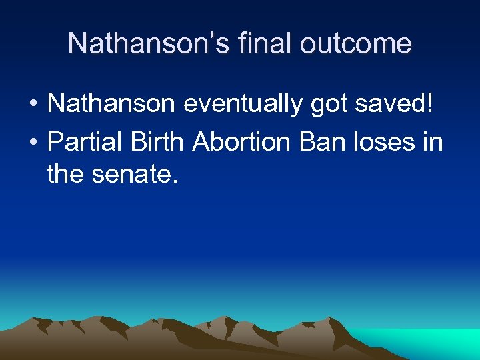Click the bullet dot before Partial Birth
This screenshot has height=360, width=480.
click(32, 142)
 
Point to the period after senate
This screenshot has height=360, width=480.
click(177, 182)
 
